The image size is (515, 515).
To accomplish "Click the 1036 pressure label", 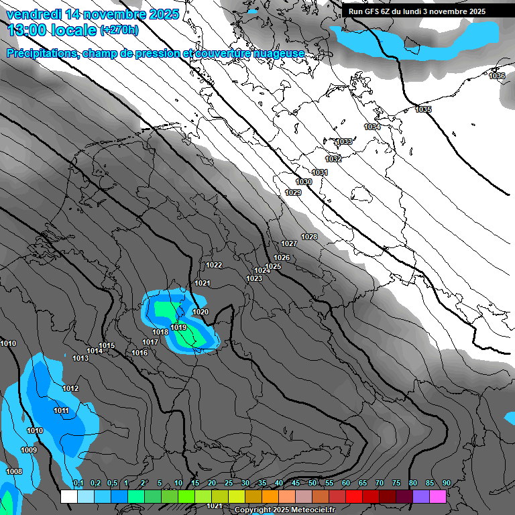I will point(497,76).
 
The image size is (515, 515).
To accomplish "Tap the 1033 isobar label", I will point(344,141).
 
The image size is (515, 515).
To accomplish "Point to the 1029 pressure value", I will point(293,192).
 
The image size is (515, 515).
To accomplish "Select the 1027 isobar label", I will point(289,243).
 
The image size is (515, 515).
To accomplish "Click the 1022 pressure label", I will point(214,265).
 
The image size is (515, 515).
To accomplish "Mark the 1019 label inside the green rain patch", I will point(178,327).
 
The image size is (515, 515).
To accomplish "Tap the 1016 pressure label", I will point(139,353).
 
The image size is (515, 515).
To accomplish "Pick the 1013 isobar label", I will point(80,358).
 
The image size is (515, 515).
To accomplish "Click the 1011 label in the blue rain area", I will point(61,410).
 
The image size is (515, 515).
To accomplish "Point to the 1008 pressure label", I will point(14,471).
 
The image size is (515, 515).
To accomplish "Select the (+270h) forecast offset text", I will point(119,30).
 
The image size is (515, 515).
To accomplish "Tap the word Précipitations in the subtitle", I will point(42,54).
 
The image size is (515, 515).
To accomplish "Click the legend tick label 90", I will point(447,483).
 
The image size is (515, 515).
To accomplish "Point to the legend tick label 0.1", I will point(78,483).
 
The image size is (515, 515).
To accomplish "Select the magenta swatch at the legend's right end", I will point(438,496).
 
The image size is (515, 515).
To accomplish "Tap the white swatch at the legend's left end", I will point(68,496).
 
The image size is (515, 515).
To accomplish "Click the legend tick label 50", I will point(312,483).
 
